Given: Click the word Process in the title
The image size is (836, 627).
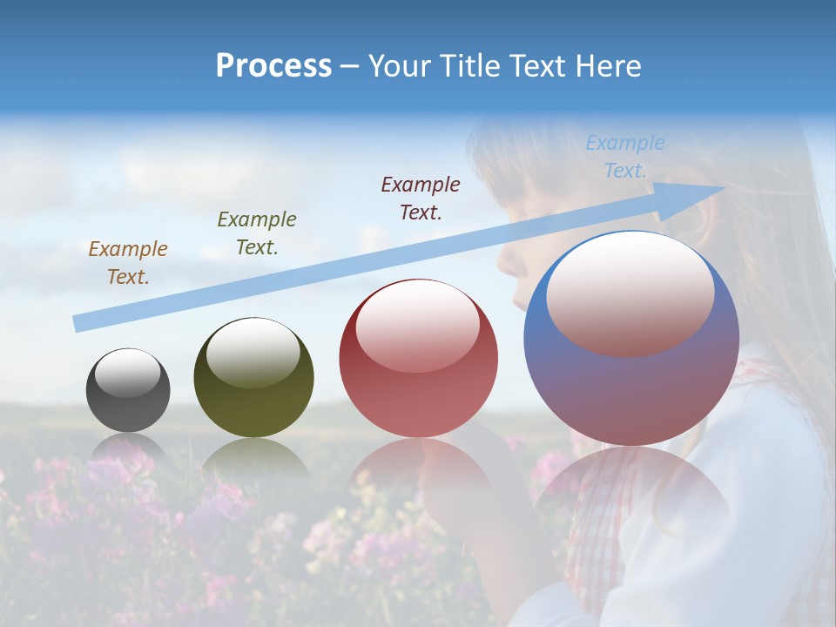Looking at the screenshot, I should click(x=273, y=66).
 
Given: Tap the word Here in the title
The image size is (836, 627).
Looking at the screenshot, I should click(x=608, y=66).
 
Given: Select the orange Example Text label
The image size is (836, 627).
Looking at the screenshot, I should click(x=128, y=262).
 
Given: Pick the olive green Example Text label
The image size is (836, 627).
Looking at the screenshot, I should click(x=257, y=233).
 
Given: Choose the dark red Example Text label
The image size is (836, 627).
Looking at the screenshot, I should click(x=421, y=198).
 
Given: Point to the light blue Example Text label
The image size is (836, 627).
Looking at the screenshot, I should click(x=625, y=157).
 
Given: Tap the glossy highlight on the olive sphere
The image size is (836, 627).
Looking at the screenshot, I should click(x=253, y=352).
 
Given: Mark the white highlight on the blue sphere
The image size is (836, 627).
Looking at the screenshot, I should click(x=630, y=292).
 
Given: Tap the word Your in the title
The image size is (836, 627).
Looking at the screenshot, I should click(x=401, y=66).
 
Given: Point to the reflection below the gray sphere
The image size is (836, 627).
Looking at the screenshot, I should click(x=128, y=446).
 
